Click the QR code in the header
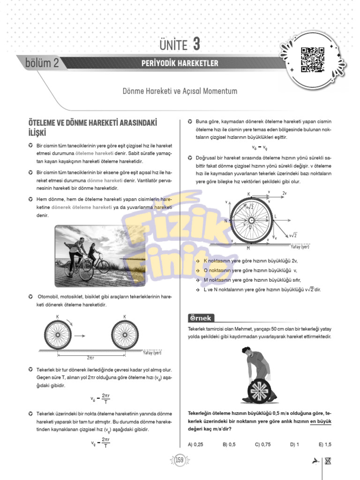click(x=312, y=60)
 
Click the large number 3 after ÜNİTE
click(x=196, y=45)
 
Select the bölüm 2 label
click(x=43, y=63)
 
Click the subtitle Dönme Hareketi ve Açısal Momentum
click(x=180, y=91)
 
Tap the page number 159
click(x=180, y=460)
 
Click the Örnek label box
click(x=201, y=318)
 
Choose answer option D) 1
click(x=295, y=444)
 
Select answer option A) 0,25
click(x=195, y=444)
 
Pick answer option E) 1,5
click(x=325, y=444)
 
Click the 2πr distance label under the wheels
click(x=91, y=357)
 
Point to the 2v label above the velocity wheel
click(x=285, y=193)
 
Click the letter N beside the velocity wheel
click(x=225, y=220)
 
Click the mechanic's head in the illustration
click(x=247, y=351)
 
